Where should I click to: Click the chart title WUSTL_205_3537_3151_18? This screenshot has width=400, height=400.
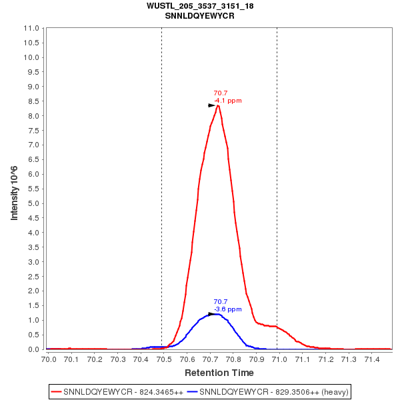pos(199,6)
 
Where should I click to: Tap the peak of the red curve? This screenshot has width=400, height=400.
pos(218,105)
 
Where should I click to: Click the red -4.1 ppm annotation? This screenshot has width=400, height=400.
pos(228,101)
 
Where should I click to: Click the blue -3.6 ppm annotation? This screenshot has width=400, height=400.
pos(228,309)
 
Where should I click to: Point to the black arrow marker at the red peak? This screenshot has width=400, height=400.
pos(212,105)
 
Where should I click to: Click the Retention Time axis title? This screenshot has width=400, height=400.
pos(219,372)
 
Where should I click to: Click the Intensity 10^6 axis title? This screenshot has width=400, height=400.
pos(14,188)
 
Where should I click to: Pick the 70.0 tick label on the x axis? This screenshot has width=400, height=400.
pos(49,359)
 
